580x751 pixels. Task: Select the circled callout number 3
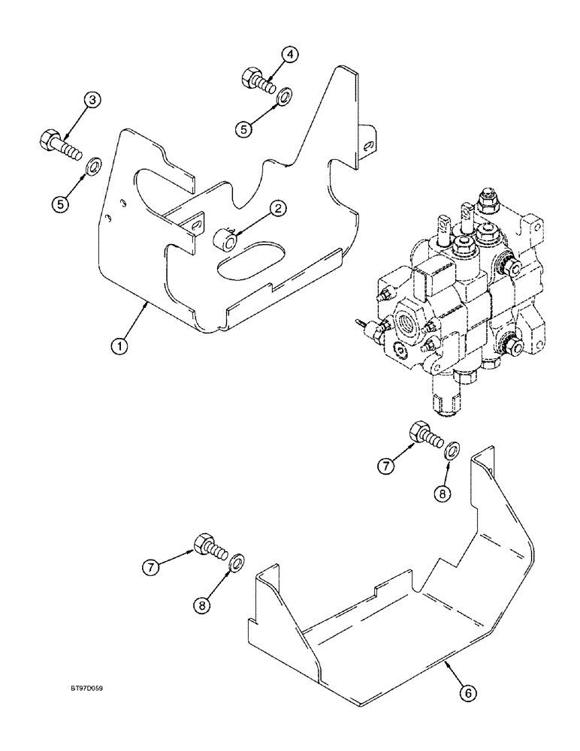(92, 101)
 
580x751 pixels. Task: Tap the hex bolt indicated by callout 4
(255, 79)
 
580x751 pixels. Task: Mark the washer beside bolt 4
(283, 97)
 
